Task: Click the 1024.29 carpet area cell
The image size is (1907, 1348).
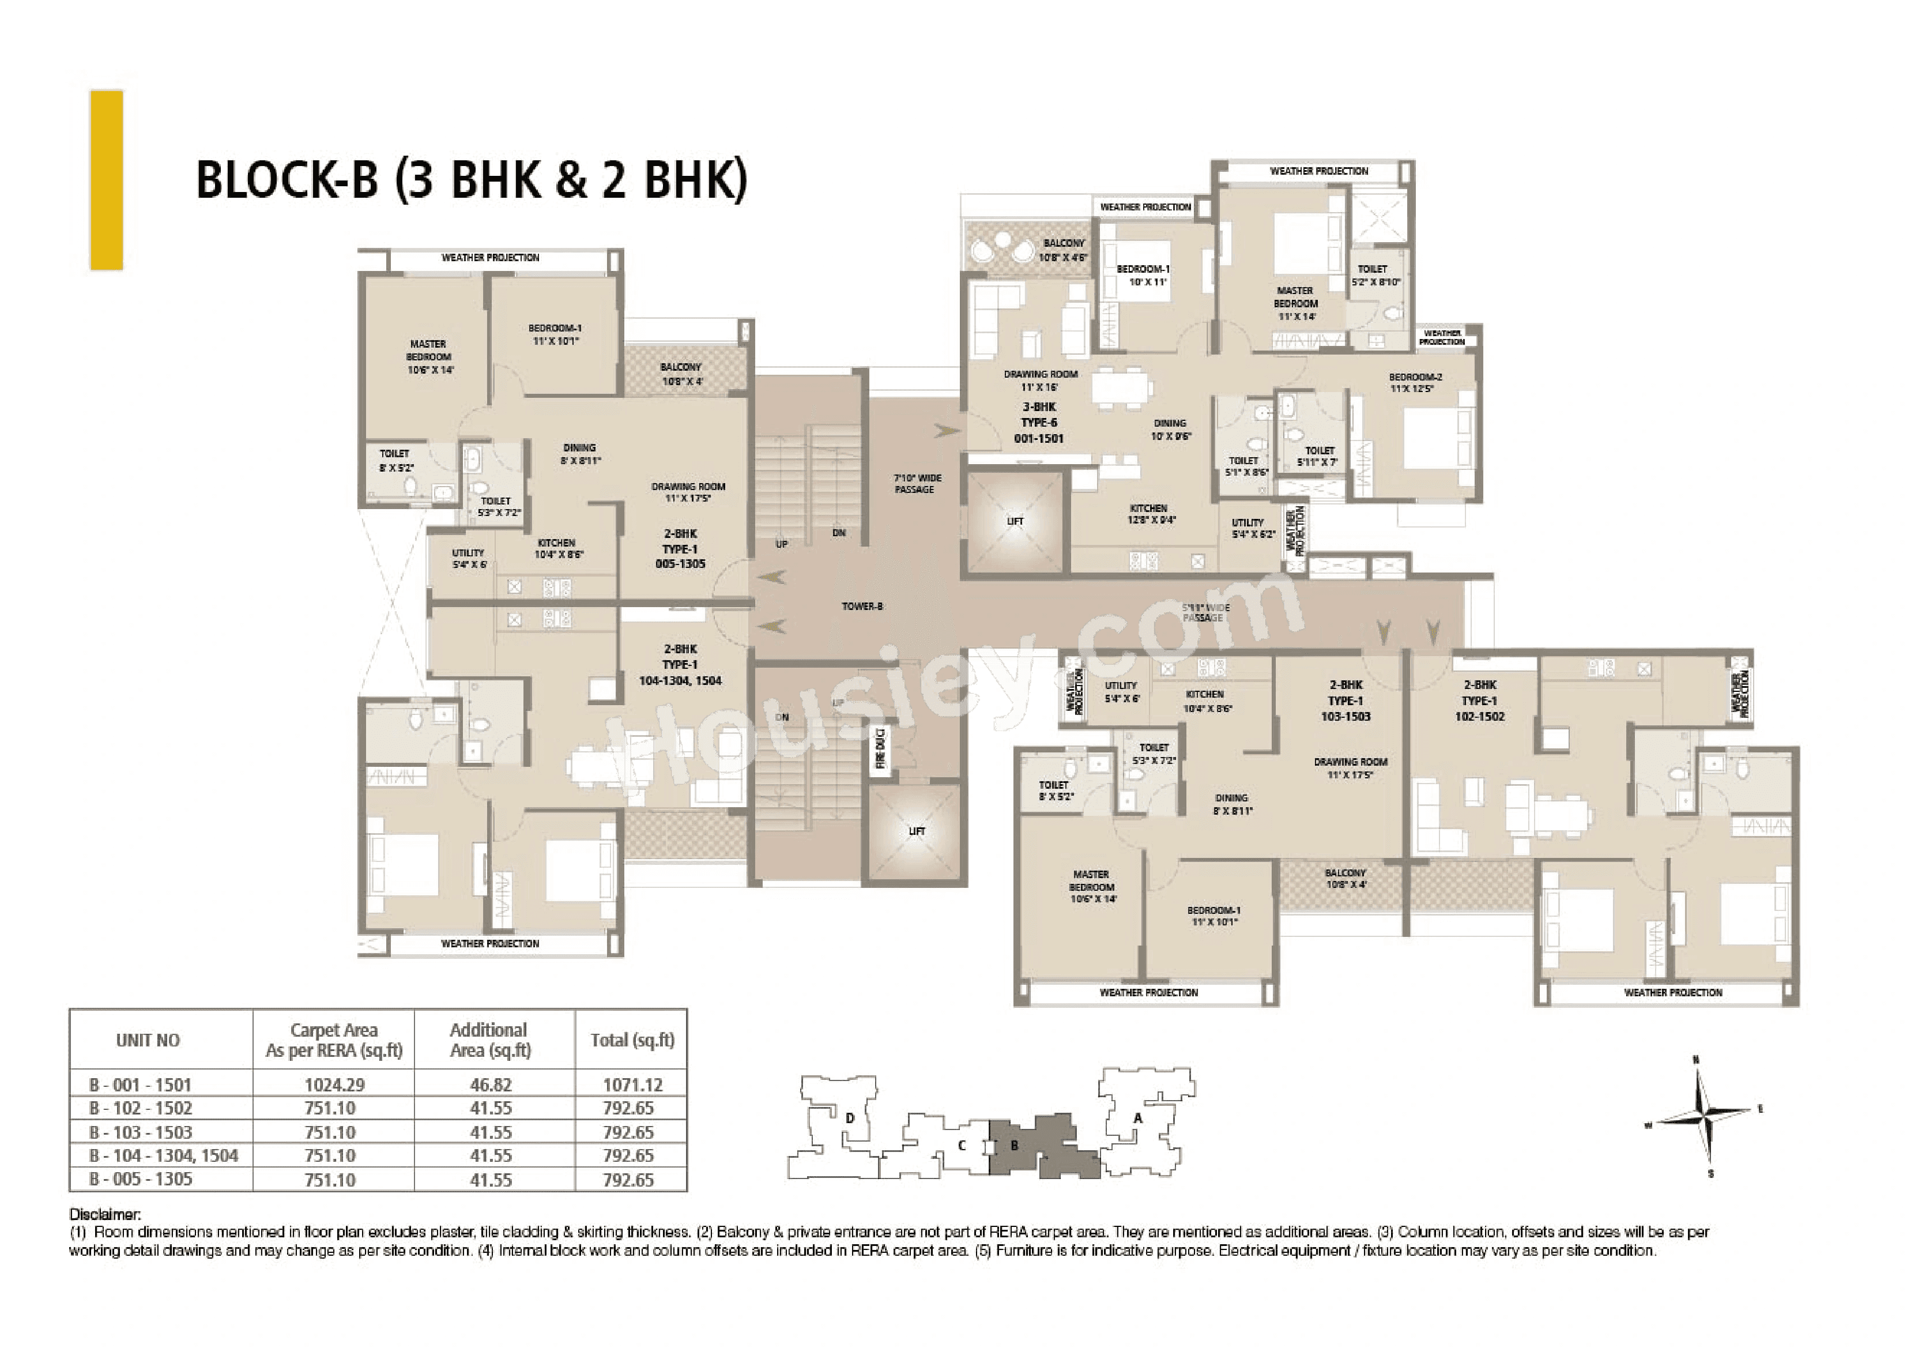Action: click(x=334, y=1084)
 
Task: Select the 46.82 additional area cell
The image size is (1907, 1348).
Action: click(x=491, y=1084)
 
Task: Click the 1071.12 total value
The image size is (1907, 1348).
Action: click(x=632, y=1084)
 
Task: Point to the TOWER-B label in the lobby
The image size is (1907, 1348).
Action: click(x=862, y=607)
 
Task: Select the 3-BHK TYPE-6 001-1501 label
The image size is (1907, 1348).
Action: click(x=1039, y=422)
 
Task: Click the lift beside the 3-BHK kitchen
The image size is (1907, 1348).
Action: click(x=1015, y=522)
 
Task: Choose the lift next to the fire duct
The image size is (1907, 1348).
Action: click(x=916, y=831)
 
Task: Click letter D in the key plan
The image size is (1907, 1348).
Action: click(x=850, y=1118)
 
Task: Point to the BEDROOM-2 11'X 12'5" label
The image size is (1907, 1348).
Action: click(x=1415, y=383)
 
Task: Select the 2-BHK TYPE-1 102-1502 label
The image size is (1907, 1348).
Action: click(x=1479, y=700)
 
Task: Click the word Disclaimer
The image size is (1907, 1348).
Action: click(x=105, y=1214)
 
